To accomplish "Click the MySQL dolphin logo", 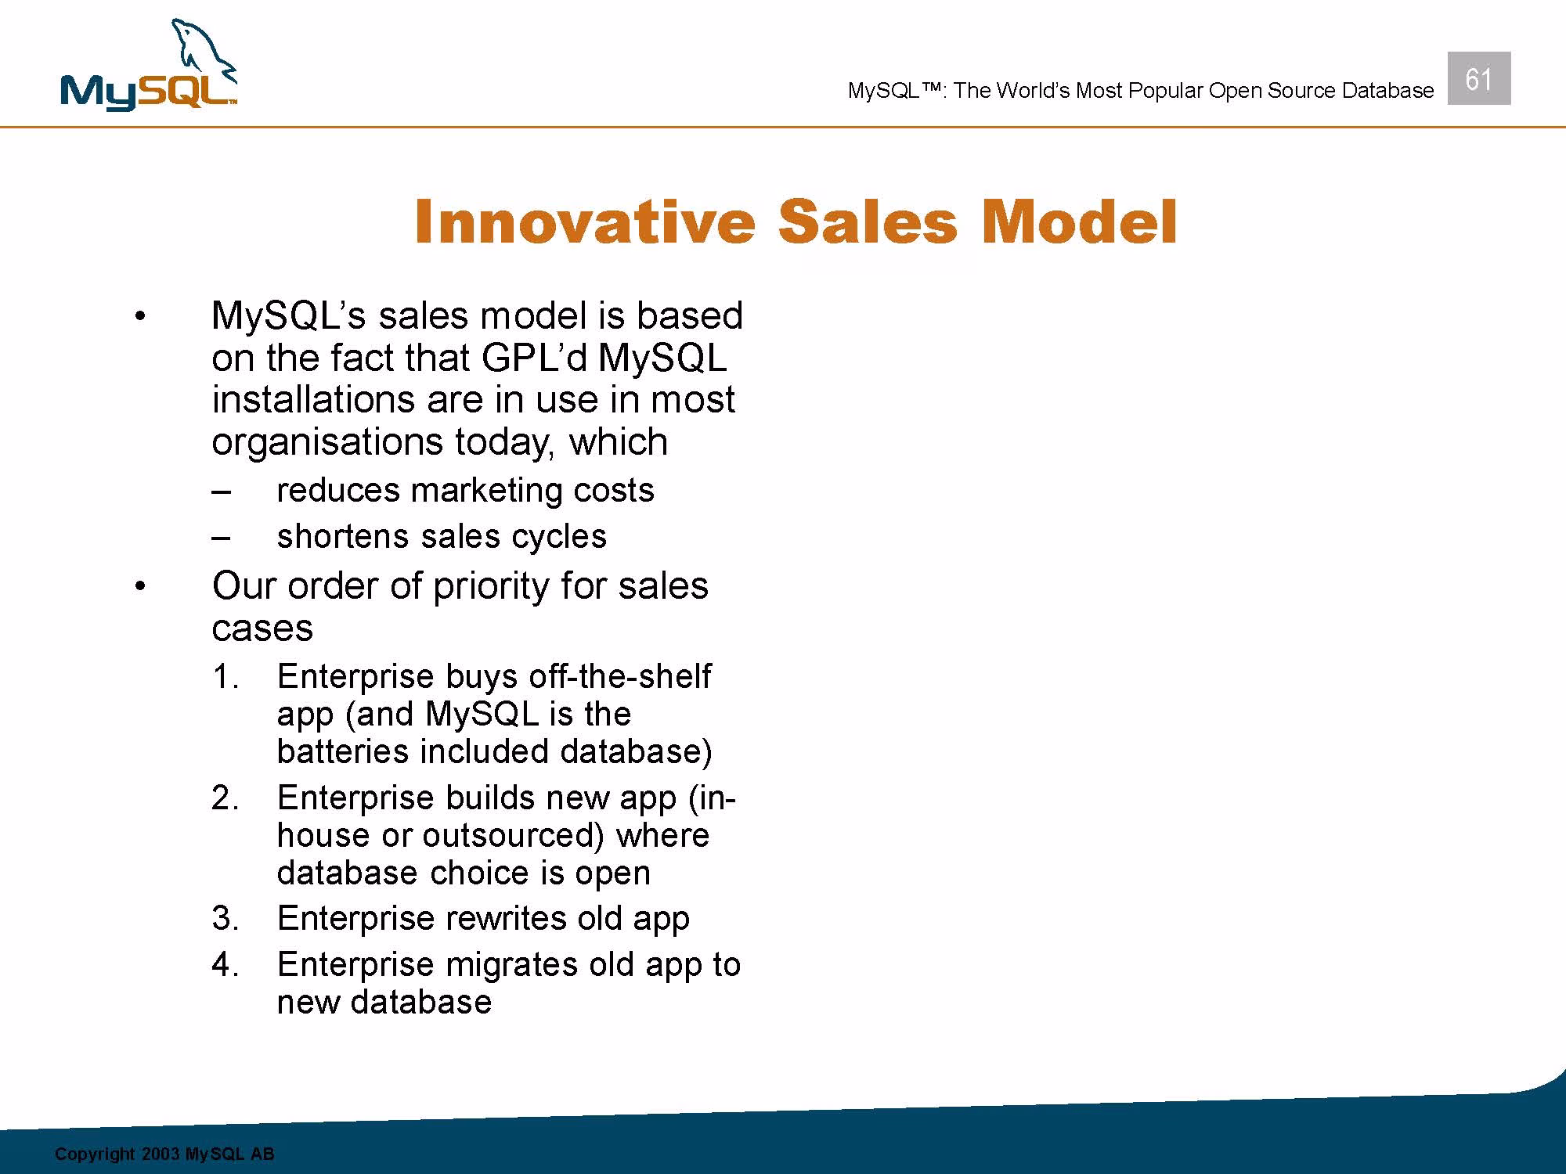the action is coord(149,67).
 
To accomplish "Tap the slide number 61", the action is coord(1478,79).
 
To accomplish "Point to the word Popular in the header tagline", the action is coord(1165,91).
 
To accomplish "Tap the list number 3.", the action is coord(225,918).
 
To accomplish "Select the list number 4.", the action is coord(225,964).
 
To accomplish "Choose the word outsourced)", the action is coord(514,836).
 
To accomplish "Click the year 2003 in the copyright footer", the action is coord(161,1154).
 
